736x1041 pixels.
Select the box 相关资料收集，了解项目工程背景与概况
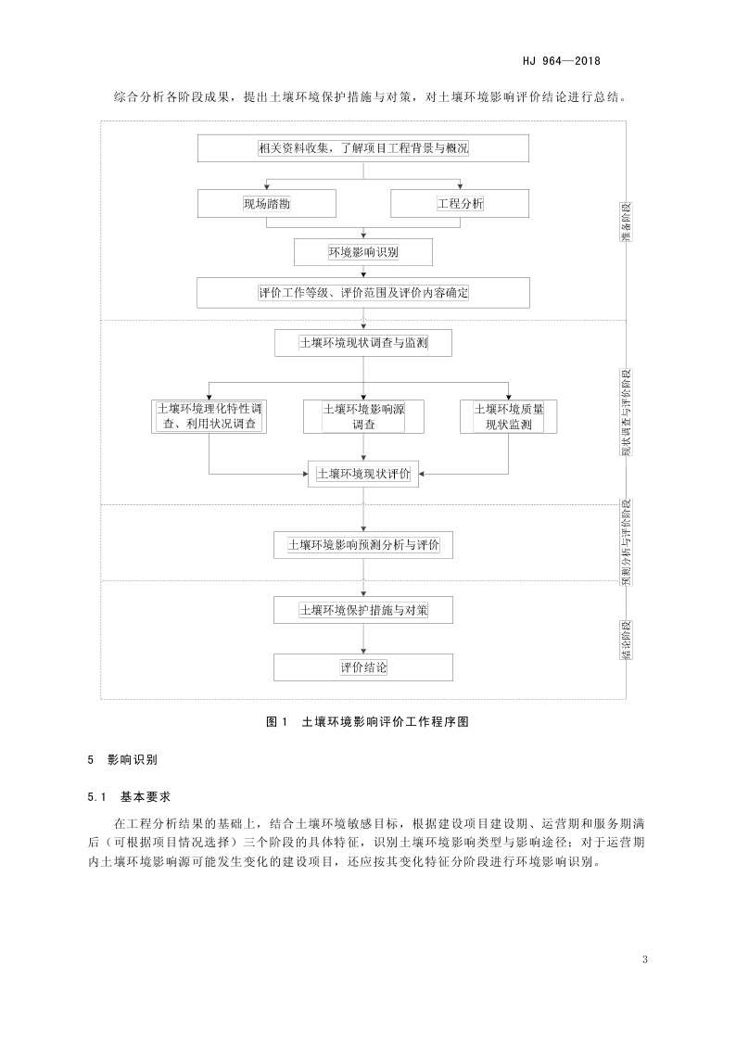pos(363,148)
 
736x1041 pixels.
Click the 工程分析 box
pos(460,203)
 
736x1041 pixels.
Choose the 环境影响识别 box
pos(363,251)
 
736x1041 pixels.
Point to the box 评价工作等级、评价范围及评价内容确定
pos(363,293)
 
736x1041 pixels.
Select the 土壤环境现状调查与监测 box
pos(363,343)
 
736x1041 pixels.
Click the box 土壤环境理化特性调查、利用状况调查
pos(209,416)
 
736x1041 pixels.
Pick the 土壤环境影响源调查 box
pos(363,416)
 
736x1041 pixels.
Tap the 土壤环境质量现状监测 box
pos(508,416)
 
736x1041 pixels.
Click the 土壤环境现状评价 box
pos(363,474)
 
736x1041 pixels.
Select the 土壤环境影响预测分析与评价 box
pos(363,544)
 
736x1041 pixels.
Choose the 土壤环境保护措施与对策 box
pos(363,611)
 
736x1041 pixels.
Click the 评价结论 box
pos(363,667)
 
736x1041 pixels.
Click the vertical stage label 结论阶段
pos(628,641)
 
